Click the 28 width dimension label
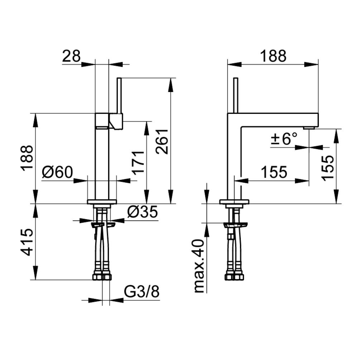(71, 56)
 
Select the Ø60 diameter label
(57, 172)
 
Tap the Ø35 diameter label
(142, 211)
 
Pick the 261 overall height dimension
(162, 141)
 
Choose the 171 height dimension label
(138, 163)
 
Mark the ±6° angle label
(284, 139)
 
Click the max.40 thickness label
(199, 266)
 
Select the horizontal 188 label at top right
(273, 56)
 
